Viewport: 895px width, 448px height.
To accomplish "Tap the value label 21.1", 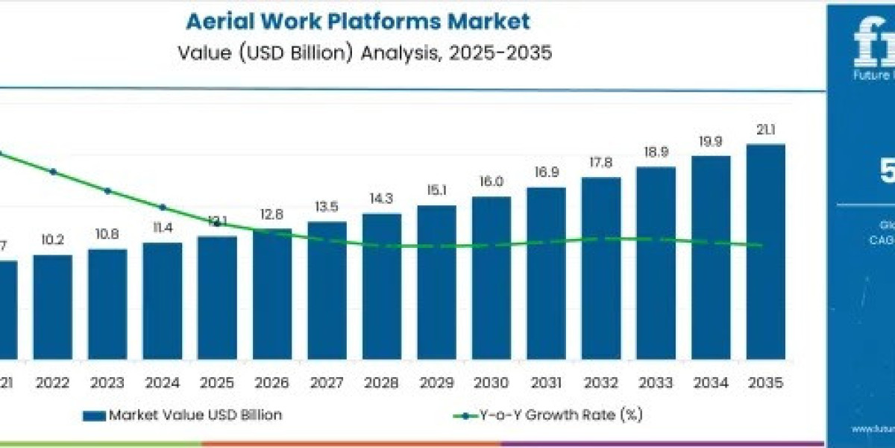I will [765, 131].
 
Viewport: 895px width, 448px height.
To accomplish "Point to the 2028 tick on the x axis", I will [381, 383].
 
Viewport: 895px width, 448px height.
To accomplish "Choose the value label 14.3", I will [381, 199].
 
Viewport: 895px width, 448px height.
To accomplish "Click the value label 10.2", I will [53, 240].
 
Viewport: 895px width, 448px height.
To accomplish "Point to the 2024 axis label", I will [162, 383].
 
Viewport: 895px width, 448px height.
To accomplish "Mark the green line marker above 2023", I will [107, 190].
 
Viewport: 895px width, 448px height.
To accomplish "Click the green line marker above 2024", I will [163, 208].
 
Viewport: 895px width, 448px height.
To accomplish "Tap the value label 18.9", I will [656, 153].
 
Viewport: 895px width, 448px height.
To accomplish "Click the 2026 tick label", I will [271, 383].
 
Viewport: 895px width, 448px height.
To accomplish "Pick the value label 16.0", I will [491, 182].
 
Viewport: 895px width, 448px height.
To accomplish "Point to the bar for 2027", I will [327, 290].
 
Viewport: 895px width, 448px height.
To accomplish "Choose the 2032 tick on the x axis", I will [600, 383].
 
